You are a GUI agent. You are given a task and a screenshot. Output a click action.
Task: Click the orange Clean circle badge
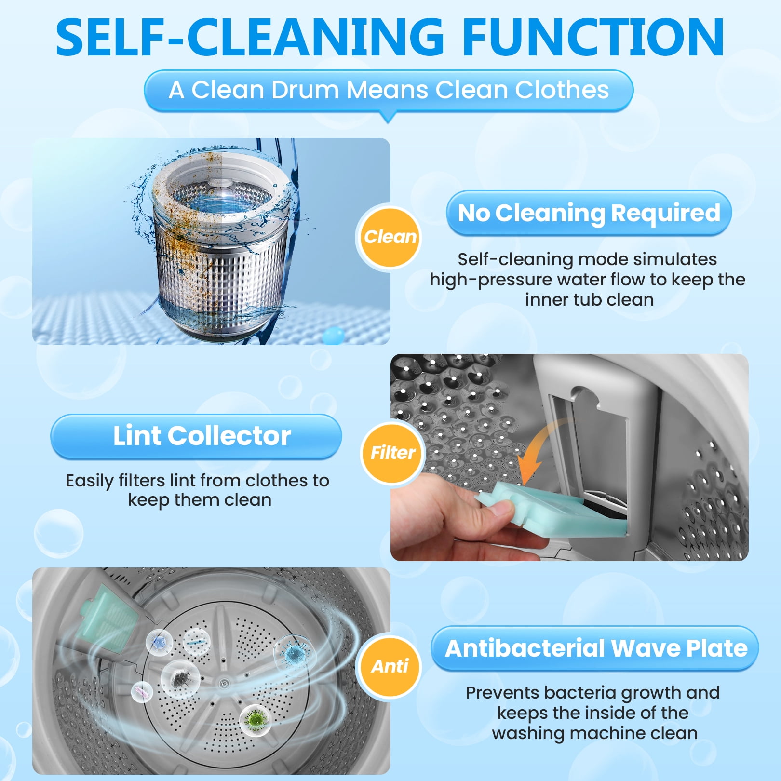coord(390,237)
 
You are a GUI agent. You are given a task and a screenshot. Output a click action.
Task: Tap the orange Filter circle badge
coord(393,453)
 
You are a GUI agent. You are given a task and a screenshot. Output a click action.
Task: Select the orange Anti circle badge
coord(390,666)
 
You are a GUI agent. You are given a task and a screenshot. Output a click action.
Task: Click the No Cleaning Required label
coord(589,213)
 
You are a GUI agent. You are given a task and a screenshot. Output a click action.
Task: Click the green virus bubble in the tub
coord(255,720)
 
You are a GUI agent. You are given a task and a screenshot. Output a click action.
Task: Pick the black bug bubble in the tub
coord(180,679)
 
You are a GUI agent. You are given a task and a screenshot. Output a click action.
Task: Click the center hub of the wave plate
coord(224,683)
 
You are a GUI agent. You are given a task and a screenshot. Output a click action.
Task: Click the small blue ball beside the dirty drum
coord(333,334)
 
